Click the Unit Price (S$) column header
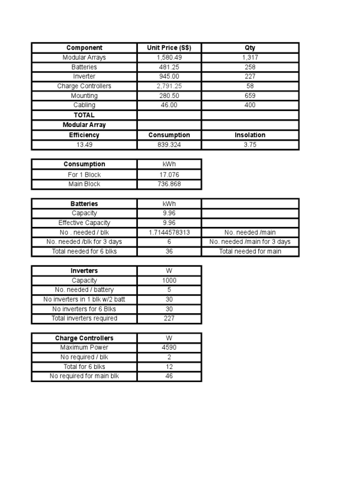tap(169, 48)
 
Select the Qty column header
tap(250, 48)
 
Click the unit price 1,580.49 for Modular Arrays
tap(169, 58)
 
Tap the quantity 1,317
tap(250, 58)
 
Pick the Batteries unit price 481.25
tap(169, 67)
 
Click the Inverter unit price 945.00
tap(169, 76)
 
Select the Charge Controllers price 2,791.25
tap(169, 86)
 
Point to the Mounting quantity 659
tap(250, 96)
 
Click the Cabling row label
tap(84, 105)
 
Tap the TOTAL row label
tap(84, 115)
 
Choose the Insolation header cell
tap(250, 135)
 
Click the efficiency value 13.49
tap(84, 145)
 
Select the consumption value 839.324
tap(169, 145)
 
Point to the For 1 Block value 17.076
tap(169, 175)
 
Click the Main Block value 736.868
tap(169, 184)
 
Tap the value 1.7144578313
tap(169, 232)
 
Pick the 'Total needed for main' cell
tap(250, 251)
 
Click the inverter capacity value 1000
tap(169, 281)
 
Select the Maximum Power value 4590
tap(169, 348)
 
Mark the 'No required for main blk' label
tap(84, 376)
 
